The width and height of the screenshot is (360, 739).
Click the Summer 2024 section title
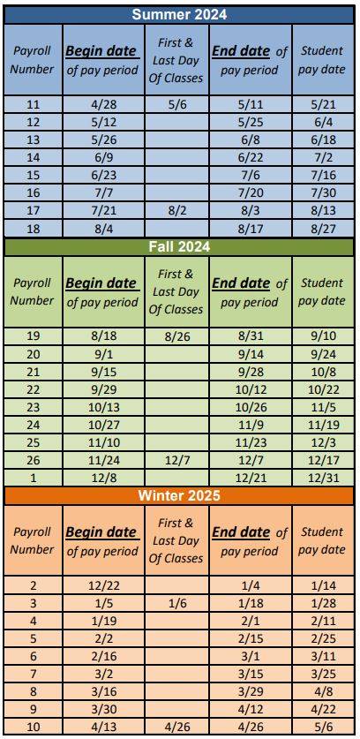[x=179, y=14]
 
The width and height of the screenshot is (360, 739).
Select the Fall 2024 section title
[x=179, y=246]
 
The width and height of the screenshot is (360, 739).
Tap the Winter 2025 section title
[x=179, y=495]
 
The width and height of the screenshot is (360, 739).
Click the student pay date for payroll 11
[x=322, y=104]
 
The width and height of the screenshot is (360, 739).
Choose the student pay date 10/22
[x=322, y=390]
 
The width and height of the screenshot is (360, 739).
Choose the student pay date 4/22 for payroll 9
[x=322, y=709]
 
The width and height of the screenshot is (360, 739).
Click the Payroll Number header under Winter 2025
[x=34, y=540]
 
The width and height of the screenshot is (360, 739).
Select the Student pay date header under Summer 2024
[x=322, y=59]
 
